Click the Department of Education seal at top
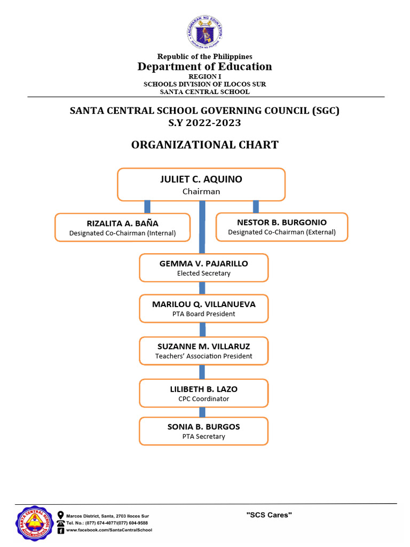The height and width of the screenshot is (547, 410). click(x=205, y=32)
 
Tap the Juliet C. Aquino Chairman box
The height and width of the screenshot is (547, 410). click(x=201, y=185)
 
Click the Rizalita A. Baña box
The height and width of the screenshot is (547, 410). click(x=122, y=228)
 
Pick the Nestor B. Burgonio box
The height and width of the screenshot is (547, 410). click(x=282, y=227)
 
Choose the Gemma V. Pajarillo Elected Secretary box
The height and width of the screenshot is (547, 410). click(x=203, y=268)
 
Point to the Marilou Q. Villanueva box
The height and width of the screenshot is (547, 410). click(x=203, y=309)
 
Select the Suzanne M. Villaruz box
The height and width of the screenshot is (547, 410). click(x=203, y=351)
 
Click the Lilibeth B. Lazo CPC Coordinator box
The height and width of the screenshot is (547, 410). click(x=203, y=394)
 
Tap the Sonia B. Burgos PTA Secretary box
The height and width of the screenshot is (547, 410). click(x=203, y=431)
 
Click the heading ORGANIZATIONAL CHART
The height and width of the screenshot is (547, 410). click(x=205, y=145)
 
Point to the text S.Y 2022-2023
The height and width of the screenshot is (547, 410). click(x=205, y=123)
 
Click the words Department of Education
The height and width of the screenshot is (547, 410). click(x=205, y=67)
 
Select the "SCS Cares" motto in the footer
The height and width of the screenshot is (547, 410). click(x=269, y=515)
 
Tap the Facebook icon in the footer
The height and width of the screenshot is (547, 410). click(x=61, y=530)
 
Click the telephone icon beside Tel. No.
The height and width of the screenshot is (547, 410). click(x=61, y=523)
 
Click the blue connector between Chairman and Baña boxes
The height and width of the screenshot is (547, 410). click(x=147, y=207)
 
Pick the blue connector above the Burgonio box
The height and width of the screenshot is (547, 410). click(x=256, y=207)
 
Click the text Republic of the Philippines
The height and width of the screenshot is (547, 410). click(x=205, y=57)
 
